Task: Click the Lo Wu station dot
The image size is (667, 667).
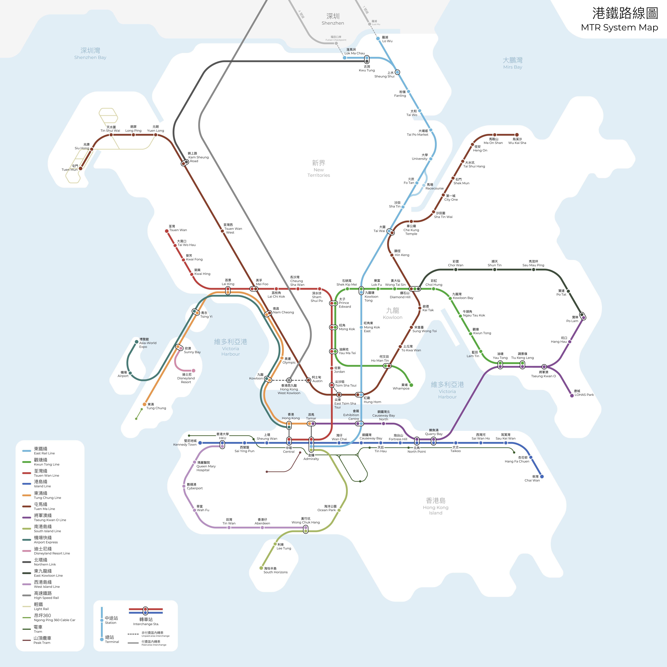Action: click(378, 38)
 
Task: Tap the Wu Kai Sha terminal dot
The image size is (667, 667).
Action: click(517, 135)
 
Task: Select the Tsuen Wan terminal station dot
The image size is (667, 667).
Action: click(167, 231)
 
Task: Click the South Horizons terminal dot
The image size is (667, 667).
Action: click(261, 568)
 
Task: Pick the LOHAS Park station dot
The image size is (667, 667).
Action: click(572, 396)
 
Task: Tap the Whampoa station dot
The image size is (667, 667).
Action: click(411, 385)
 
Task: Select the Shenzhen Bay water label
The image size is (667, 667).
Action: click(90, 53)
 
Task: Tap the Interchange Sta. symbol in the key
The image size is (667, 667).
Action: click(145, 611)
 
